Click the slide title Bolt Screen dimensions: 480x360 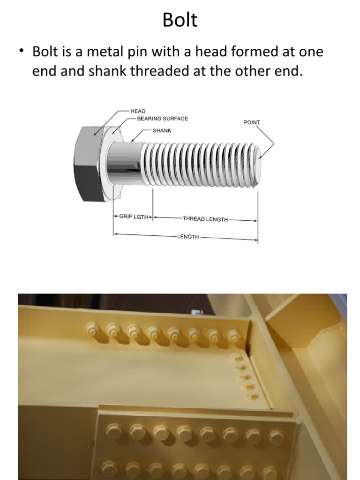pyautogui.click(x=180, y=20)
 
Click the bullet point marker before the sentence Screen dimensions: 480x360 pyautogui.click(x=21, y=52)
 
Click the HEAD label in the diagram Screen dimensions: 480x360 pyautogui.click(x=138, y=111)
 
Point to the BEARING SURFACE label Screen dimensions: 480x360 pyautogui.click(x=162, y=119)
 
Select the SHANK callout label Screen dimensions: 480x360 pyautogui.click(x=162, y=131)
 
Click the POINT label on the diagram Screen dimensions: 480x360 pyautogui.click(x=251, y=122)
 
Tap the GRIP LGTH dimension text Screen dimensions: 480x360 pyautogui.click(x=134, y=217)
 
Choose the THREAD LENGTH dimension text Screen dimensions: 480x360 pyautogui.click(x=205, y=219)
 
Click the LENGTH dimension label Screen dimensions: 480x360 pyautogui.click(x=188, y=237)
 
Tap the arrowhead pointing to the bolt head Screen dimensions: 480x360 pyautogui.click(x=95, y=135)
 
